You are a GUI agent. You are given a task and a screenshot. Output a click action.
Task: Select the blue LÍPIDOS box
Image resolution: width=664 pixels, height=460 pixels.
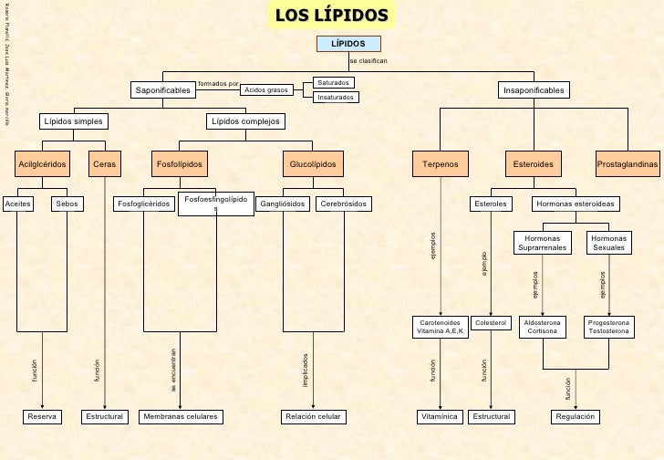348,43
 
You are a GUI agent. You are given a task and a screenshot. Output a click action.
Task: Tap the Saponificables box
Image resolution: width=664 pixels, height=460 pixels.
163,90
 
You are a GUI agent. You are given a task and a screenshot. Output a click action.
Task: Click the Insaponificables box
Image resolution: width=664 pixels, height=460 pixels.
534,90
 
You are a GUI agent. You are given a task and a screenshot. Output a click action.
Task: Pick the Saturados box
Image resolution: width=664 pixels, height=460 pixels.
333,83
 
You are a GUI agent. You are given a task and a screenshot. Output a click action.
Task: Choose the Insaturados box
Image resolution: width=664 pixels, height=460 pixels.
335,97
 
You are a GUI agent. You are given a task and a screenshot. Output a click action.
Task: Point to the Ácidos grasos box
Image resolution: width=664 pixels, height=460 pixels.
265,90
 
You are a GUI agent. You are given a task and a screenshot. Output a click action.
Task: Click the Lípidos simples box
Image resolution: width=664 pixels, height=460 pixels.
74,121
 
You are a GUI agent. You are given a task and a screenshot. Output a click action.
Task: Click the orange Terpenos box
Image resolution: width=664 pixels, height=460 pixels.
441,164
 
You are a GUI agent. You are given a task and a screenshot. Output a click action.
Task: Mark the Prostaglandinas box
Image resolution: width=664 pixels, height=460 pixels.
628,164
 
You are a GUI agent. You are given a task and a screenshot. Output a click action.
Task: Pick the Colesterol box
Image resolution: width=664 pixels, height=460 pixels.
491,323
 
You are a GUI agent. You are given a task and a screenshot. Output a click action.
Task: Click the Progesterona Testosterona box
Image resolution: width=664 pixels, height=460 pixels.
608,327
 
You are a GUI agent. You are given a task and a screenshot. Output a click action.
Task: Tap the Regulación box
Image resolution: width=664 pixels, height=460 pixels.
575,416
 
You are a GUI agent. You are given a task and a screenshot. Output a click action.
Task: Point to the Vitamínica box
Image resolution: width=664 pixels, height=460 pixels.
441,416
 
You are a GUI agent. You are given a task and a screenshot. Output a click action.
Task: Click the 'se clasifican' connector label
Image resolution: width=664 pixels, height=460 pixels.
368,60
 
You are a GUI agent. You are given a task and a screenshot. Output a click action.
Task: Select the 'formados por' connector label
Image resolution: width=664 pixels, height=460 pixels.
218,83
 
